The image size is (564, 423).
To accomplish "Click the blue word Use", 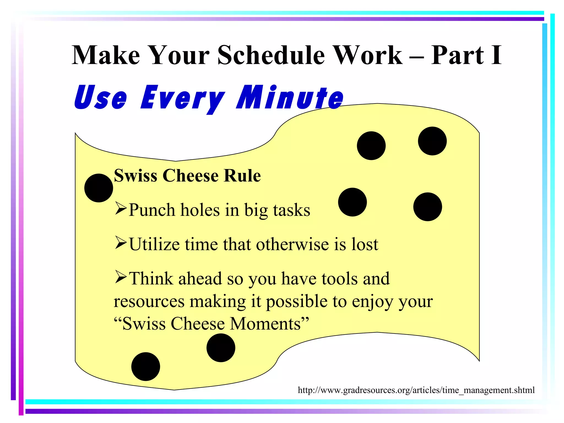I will [101, 98].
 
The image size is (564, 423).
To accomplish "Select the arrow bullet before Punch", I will [121, 208].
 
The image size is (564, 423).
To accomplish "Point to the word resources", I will [149, 302].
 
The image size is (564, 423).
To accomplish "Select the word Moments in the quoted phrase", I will [265, 324].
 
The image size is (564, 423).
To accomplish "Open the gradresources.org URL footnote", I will [416, 390].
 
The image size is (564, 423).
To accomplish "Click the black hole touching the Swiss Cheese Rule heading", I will [99, 188].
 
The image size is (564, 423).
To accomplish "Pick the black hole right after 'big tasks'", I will [352, 202].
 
